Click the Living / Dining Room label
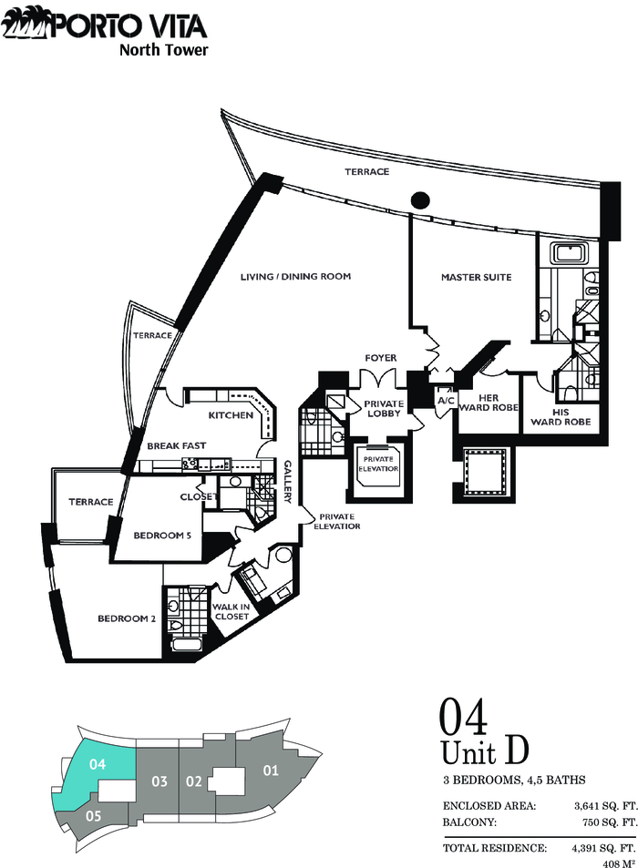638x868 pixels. [x=295, y=276]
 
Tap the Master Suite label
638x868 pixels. [x=477, y=277]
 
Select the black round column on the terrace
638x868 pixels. [x=420, y=199]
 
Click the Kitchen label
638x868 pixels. [x=231, y=414]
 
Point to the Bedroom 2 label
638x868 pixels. [x=127, y=618]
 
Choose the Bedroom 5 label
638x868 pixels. [x=162, y=536]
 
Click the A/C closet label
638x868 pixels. [x=446, y=400]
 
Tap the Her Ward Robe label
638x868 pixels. [x=489, y=403]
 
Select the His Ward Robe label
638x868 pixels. [x=561, y=417]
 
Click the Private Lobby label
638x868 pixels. [x=384, y=409]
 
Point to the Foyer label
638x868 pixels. [x=380, y=358]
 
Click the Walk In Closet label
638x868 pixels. [x=231, y=611]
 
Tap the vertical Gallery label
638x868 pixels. [x=288, y=482]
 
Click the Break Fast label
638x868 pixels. [x=176, y=445]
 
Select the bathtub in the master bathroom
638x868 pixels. [x=570, y=253]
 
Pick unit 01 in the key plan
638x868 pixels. [x=271, y=771]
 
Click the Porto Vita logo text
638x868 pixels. [x=129, y=26]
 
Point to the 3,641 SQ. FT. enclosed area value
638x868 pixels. [x=606, y=807]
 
